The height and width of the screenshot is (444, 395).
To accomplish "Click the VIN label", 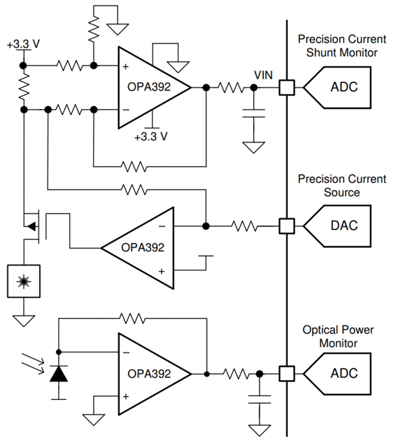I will tap(263, 75).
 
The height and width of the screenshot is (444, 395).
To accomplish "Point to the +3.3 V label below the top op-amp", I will tap(151, 137).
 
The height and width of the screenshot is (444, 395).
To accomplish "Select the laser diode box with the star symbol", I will tap(23, 281).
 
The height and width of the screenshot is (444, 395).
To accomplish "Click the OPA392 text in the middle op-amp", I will tap(143, 247).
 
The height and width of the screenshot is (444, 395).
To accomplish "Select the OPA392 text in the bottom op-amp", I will tap(149, 373).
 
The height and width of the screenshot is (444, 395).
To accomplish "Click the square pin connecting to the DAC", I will tap(287, 226).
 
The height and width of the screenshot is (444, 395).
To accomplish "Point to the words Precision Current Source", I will tap(342, 185).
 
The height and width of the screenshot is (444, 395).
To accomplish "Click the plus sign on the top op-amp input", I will tap(126, 66).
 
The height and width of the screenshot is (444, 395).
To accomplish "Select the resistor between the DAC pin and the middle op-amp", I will tap(244, 226).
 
